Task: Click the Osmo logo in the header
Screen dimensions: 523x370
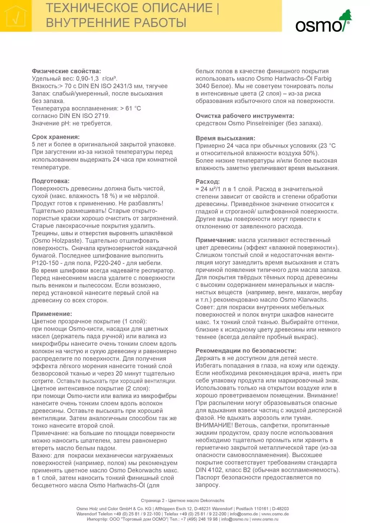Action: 323,22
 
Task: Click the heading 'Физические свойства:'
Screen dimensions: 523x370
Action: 66,71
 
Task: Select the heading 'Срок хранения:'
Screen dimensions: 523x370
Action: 55,137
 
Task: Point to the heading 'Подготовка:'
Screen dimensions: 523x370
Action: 50,181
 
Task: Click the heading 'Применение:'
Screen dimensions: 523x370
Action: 52,314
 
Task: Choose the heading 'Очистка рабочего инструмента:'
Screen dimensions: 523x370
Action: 245,116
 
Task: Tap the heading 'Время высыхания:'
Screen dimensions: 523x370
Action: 225,138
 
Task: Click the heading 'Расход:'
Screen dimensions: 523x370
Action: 208,182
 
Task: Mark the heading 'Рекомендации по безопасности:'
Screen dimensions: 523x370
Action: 246,350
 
